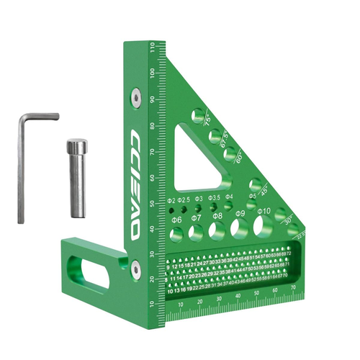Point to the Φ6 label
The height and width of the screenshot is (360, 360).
tap(176, 220)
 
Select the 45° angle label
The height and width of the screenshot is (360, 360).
tap(267, 192)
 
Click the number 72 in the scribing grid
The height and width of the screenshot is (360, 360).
tap(289, 254)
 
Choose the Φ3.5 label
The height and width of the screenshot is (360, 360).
tap(214, 197)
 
